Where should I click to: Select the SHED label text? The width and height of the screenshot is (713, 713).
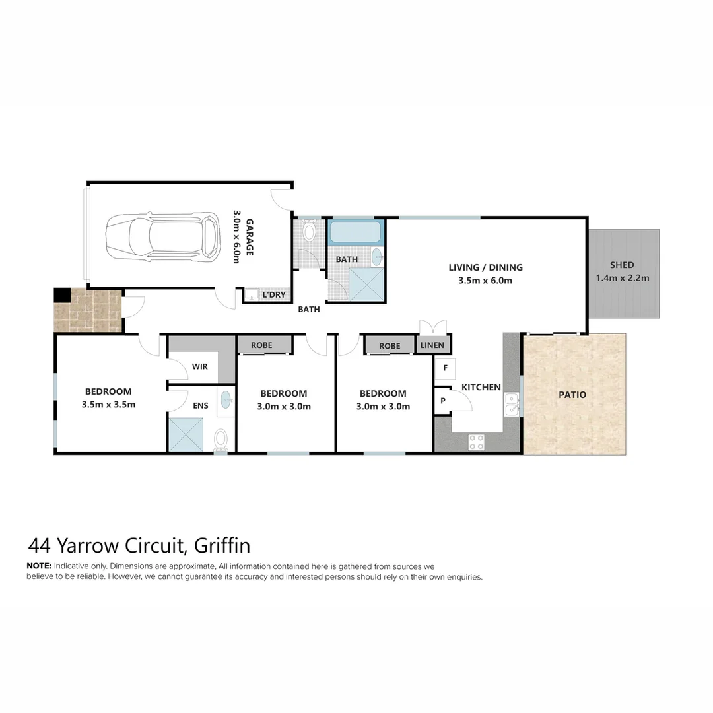point(622,265)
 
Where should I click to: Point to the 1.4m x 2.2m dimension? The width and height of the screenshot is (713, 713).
point(622,278)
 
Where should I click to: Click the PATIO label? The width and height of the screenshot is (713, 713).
point(572,395)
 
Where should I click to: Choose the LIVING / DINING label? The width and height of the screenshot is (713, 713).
point(485,267)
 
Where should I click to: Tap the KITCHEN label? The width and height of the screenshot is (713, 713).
point(481,387)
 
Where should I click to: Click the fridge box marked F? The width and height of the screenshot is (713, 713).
point(446,368)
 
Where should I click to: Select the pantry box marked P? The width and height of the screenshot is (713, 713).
point(442,401)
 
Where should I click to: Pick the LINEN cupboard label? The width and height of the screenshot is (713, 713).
point(433,345)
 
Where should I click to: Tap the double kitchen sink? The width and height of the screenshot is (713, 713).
point(511,404)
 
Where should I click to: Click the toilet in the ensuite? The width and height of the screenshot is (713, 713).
point(221,438)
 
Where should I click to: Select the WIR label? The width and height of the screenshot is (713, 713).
point(200,366)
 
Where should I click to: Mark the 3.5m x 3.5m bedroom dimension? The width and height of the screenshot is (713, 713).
point(108,405)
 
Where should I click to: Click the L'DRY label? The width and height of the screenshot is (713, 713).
point(274,294)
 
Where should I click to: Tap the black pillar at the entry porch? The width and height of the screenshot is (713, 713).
point(62,295)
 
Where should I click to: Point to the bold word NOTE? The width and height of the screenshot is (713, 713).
point(38,566)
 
